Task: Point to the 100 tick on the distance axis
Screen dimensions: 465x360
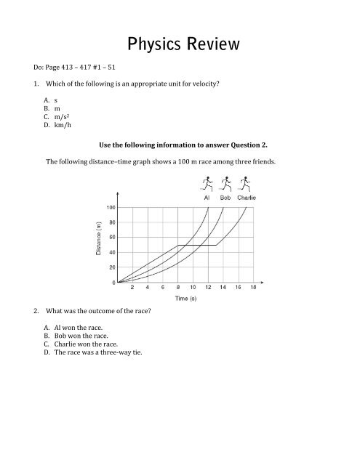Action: (108, 207)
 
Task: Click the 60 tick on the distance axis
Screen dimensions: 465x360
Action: (109, 237)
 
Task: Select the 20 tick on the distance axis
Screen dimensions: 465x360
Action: (109, 267)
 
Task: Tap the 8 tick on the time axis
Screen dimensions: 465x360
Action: (177, 288)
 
